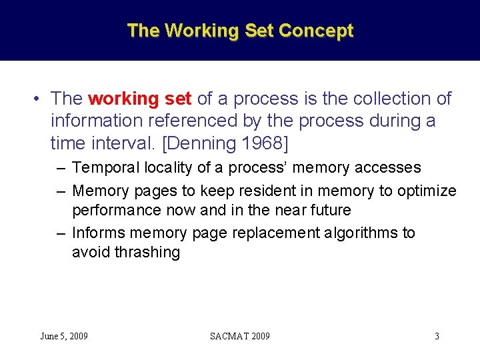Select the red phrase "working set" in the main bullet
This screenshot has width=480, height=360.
[140, 99]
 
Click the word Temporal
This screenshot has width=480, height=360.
[102, 167]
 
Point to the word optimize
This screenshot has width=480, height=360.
[427, 191]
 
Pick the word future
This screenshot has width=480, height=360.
[328, 210]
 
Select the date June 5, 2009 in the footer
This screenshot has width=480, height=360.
[64, 336]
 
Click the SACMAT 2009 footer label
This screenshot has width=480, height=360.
[240, 336]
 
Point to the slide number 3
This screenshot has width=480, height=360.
[437, 336]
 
